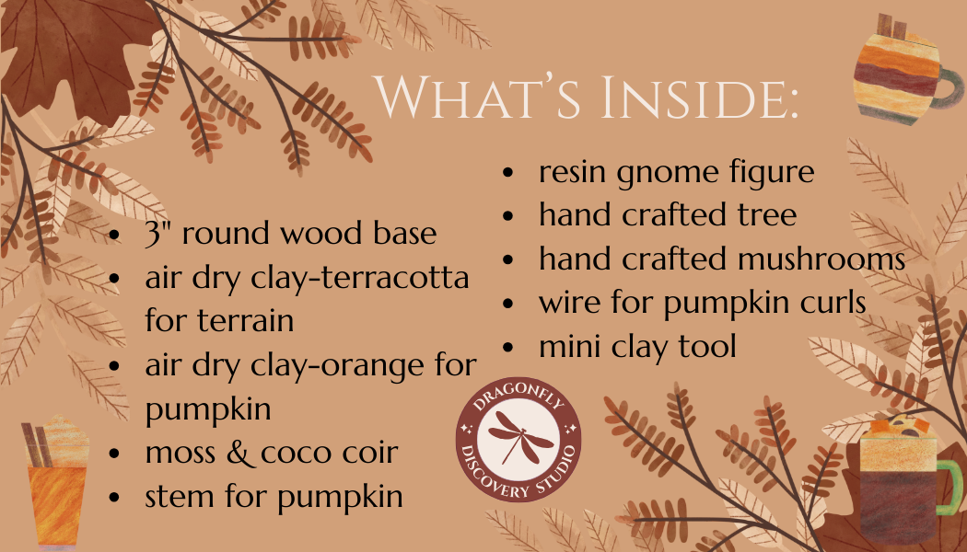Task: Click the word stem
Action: pos(179,497)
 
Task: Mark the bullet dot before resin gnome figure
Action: pos(509,172)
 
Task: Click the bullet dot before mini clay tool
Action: pos(509,347)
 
